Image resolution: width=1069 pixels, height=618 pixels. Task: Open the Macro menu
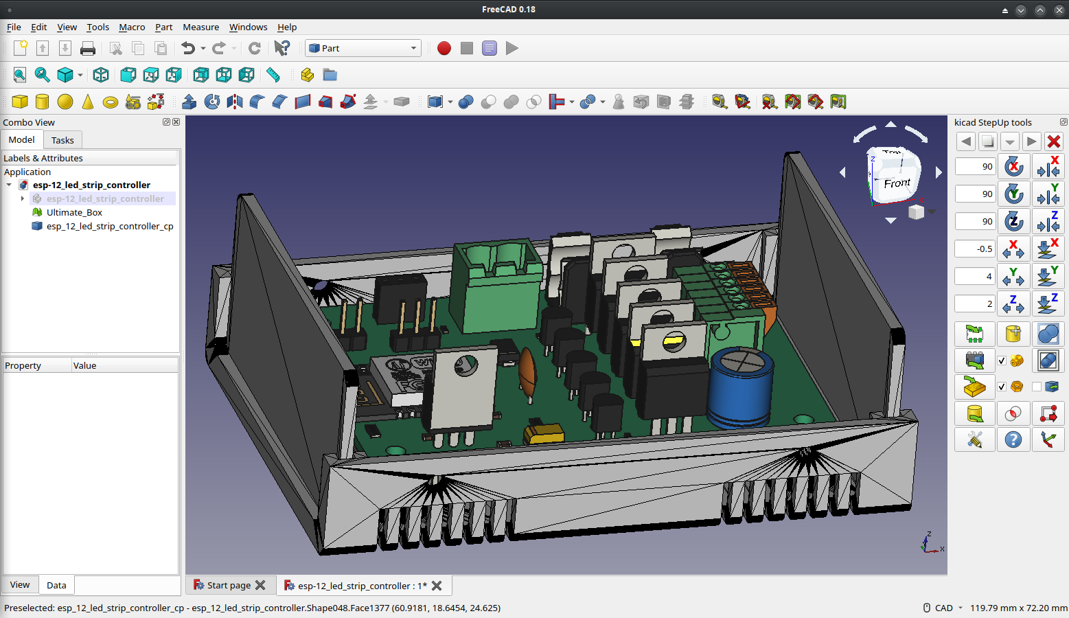(x=132, y=27)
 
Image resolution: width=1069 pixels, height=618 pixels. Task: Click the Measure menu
(x=200, y=27)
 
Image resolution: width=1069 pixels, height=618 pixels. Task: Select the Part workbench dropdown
(x=363, y=48)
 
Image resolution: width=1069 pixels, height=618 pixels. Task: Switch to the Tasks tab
(x=62, y=140)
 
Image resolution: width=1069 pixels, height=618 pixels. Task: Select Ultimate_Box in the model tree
(x=74, y=212)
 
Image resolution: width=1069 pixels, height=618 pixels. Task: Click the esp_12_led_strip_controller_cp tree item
(x=109, y=226)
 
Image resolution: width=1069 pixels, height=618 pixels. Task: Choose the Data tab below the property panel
(x=56, y=585)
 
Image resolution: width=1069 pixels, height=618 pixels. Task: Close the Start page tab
(x=260, y=585)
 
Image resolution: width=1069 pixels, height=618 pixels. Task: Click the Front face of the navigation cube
(x=897, y=183)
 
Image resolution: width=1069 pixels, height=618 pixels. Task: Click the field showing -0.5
(x=975, y=249)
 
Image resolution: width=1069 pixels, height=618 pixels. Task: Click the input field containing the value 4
(x=975, y=276)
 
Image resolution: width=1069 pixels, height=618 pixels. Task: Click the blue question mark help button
(x=1013, y=439)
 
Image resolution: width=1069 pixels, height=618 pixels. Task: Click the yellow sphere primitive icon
(x=65, y=102)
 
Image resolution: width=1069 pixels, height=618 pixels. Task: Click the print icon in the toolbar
(x=88, y=48)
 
